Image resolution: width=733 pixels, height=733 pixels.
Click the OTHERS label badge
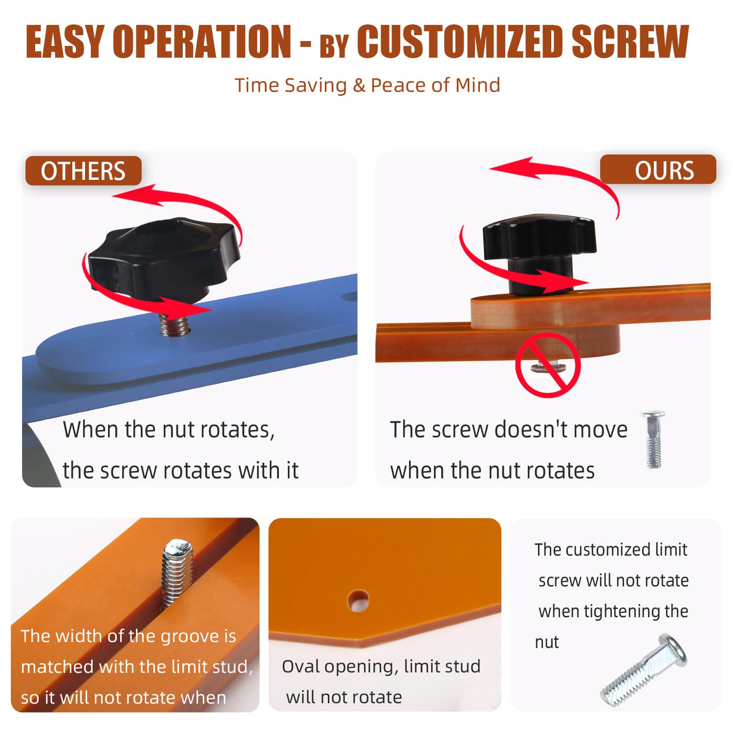(x=83, y=171)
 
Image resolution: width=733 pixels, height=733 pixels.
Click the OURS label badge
(x=658, y=170)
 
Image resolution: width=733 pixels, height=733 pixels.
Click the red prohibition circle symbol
(x=548, y=365)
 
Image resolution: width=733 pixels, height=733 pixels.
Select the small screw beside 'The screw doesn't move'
(x=653, y=439)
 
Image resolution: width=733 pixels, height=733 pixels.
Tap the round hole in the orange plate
(x=359, y=601)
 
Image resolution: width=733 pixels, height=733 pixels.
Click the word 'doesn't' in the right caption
(x=531, y=430)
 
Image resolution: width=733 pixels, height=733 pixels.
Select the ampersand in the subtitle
(x=359, y=86)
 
